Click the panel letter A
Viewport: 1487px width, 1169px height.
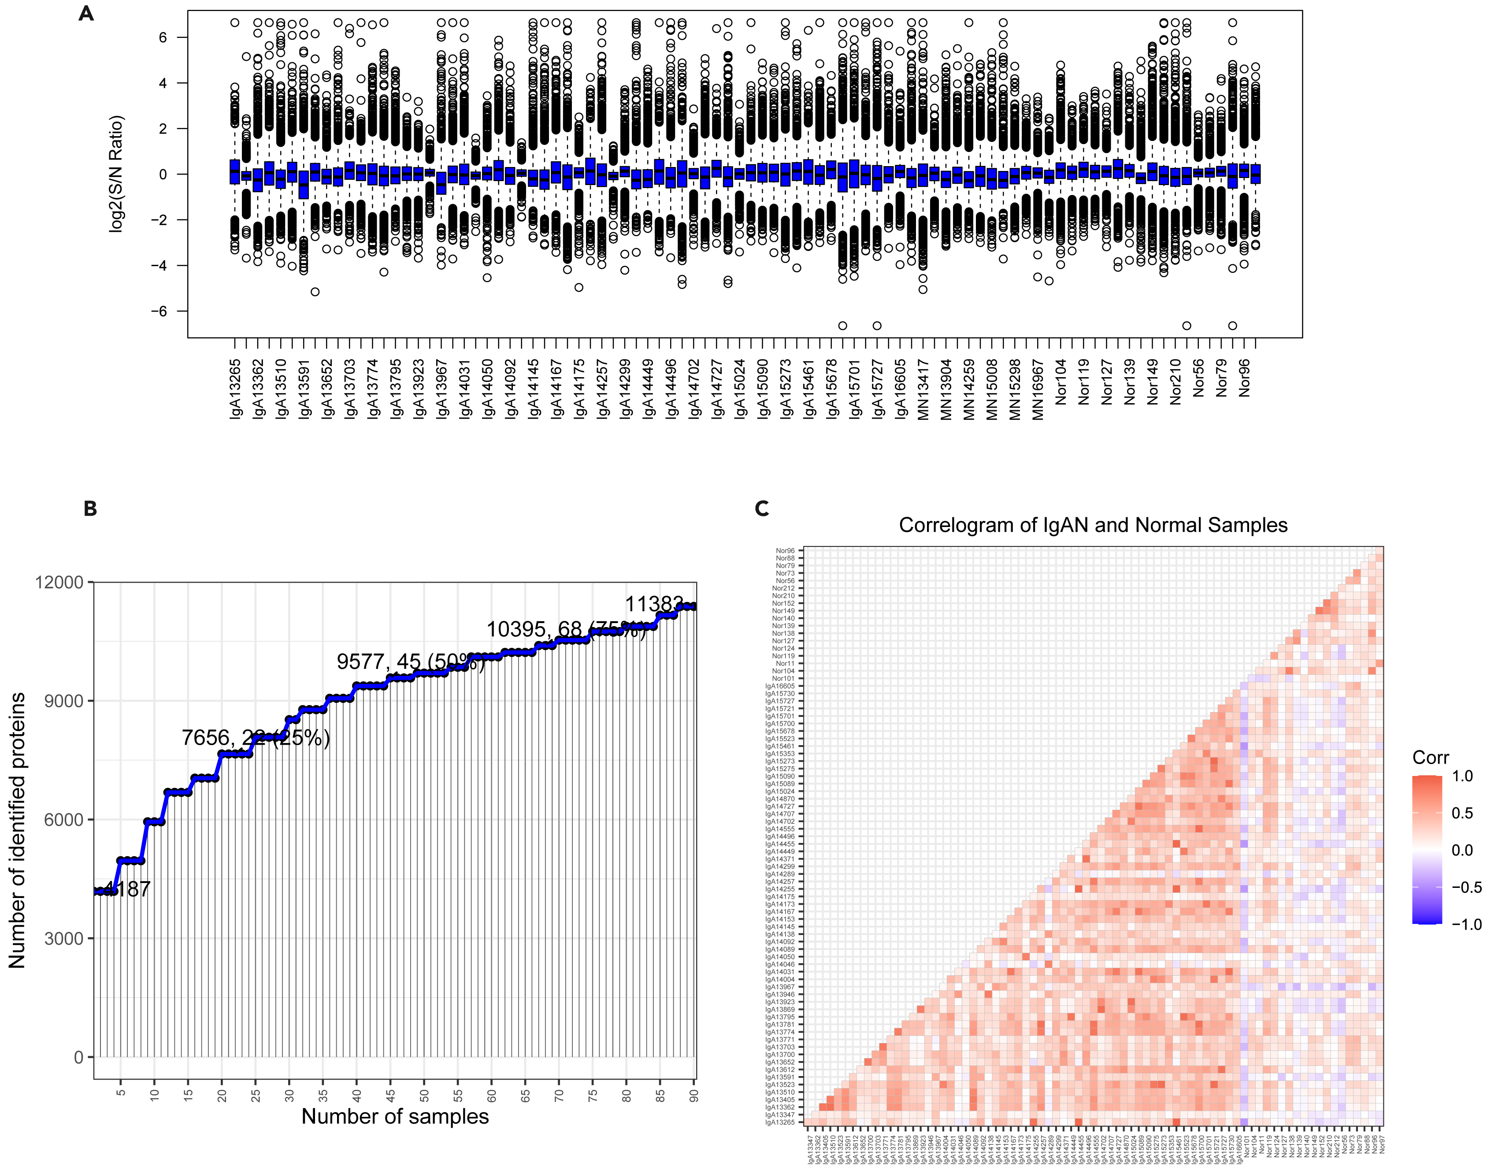(x=86, y=14)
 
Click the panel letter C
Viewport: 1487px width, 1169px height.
(x=762, y=508)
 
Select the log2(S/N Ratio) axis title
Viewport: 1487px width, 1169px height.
(x=117, y=174)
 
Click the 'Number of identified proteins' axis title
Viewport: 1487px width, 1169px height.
(x=17, y=830)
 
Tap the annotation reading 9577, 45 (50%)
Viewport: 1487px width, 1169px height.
(x=411, y=662)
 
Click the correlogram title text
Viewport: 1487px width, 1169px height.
(x=1093, y=525)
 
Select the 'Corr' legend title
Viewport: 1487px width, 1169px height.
(x=1430, y=757)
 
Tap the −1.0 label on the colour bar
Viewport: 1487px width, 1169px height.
(x=1466, y=924)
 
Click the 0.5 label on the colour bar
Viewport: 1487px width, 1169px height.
(x=1462, y=813)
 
